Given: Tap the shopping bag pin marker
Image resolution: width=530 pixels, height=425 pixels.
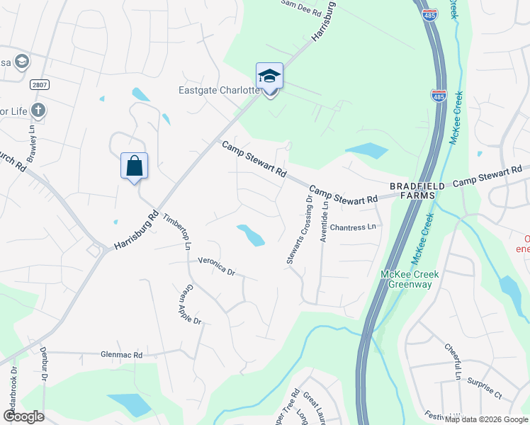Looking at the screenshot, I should [134, 167].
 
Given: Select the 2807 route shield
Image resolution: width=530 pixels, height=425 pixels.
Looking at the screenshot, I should [40, 84].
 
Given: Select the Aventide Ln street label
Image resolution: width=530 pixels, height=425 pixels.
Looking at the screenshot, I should [324, 220].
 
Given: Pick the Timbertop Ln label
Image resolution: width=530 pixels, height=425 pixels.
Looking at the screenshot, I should [177, 231].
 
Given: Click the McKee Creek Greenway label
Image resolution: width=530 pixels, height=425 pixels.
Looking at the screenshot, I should [410, 279].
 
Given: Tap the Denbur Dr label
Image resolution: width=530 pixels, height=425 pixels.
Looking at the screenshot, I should [43, 386].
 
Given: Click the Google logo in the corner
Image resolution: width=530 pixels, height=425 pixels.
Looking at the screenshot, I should [23, 416].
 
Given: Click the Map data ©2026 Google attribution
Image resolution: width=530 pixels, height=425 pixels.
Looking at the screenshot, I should [486, 419].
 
